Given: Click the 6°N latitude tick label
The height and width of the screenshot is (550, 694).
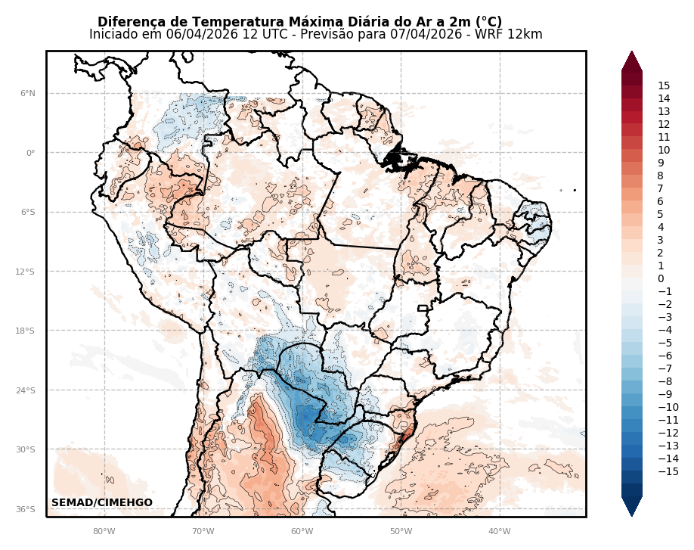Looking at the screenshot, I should tap(27, 94).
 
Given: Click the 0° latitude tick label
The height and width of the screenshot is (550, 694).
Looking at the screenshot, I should tap(31, 153).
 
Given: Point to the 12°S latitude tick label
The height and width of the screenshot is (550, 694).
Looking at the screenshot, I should tap(27, 272).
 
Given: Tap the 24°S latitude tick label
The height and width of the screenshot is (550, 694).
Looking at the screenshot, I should tap(27, 390).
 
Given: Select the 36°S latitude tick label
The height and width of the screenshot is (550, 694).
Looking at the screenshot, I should tap(27, 509).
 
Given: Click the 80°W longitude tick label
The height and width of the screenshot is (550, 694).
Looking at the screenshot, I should tap(104, 531).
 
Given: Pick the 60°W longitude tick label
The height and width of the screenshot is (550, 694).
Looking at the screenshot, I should tap(302, 531).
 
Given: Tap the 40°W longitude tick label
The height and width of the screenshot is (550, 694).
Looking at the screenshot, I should tap(500, 531).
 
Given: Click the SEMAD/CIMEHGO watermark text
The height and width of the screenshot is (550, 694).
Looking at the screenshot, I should tap(102, 503).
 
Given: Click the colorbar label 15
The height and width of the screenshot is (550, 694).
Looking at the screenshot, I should tap(664, 86).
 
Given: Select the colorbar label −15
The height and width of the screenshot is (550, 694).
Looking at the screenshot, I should tap(668, 472).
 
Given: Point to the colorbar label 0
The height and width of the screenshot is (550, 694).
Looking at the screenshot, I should tap(661, 279).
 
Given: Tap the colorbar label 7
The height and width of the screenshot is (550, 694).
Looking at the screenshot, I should tap(661, 189).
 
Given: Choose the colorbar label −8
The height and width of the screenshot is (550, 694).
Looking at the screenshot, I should tap(665, 382).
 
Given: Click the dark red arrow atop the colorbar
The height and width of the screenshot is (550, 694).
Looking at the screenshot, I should tap(632, 61).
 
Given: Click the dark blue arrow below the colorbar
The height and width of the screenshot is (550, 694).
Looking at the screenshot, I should tap(632, 506).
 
